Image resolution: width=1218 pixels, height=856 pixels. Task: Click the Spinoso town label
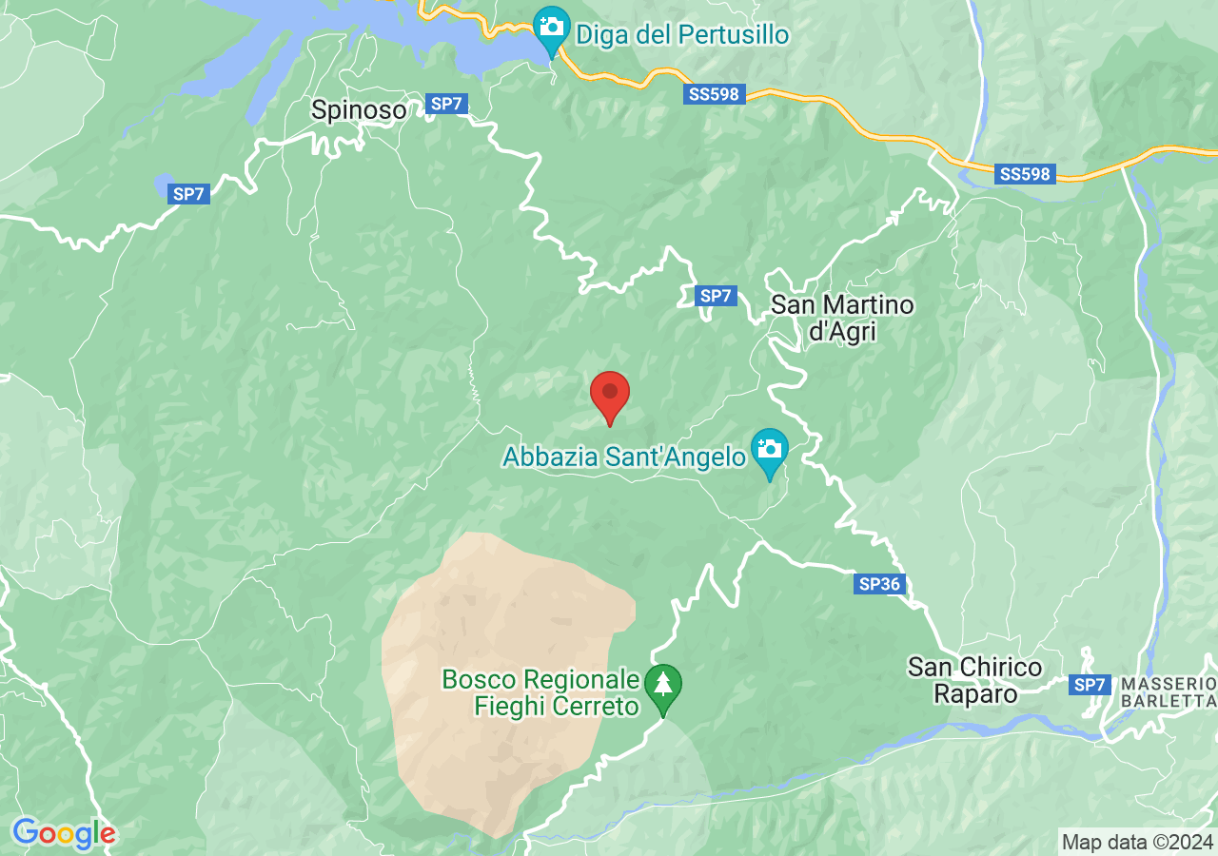tap(359, 110)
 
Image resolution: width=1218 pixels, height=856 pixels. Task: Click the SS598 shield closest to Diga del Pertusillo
tap(714, 95)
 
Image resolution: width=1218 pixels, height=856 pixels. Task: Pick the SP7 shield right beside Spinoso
tap(447, 105)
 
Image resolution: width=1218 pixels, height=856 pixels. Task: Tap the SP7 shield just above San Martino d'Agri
tap(716, 296)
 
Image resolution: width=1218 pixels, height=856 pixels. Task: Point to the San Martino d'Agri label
tap(842, 319)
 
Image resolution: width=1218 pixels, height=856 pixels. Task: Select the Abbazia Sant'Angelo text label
tap(623, 457)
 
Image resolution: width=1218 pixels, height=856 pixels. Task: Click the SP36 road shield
tap(879, 584)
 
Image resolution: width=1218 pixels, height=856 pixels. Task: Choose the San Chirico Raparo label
tap(974, 680)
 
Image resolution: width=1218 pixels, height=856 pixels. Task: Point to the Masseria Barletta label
tap(1169, 692)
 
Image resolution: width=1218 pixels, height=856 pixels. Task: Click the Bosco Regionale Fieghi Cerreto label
tap(540, 693)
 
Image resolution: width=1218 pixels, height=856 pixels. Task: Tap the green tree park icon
tap(663, 685)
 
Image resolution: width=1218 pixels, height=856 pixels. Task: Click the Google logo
tap(64, 834)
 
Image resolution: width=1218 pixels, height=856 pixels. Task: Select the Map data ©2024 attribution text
tap(1138, 842)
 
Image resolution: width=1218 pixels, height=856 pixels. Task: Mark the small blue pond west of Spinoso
tap(165, 181)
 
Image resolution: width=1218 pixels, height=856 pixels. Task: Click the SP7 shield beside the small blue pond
tap(188, 195)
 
